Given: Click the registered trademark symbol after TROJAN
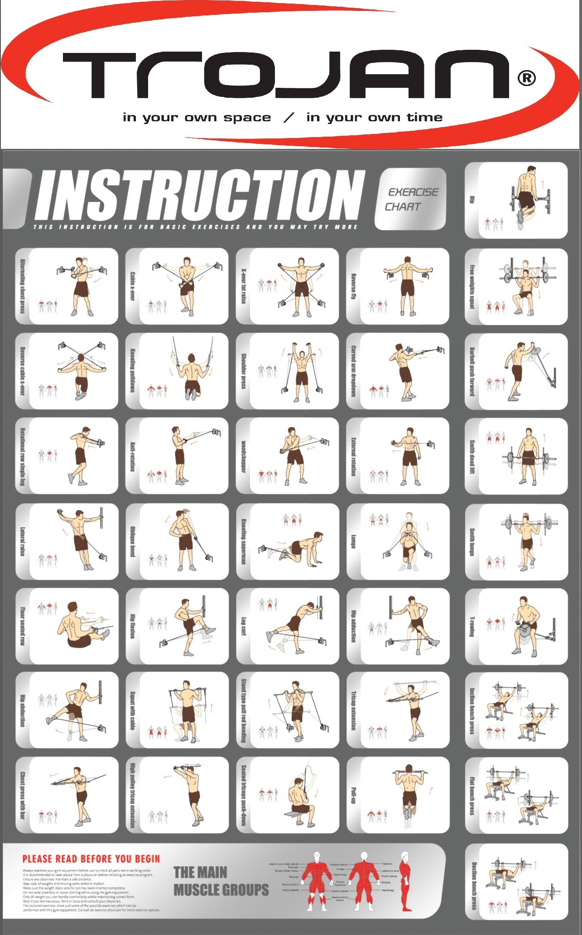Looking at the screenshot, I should click(x=526, y=78).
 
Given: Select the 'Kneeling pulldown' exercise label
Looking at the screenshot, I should click(x=133, y=371).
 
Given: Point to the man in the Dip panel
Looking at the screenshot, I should click(x=528, y=195).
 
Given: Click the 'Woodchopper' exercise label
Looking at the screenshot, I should click(x=243, y=456).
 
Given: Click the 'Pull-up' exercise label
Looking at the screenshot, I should click(x=354, y=796).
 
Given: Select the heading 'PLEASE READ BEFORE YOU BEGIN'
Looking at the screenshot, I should click(x=91, y=859).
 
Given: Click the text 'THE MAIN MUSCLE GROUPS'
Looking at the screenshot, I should click(x=221, y=881).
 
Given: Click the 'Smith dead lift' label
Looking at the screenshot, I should click(x=472, y=456).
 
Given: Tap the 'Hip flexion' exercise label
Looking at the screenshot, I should click(x=133, y=626).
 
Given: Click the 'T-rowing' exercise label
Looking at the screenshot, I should click(x=472, y=626).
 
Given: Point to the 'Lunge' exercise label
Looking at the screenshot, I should click(x=354, y=541).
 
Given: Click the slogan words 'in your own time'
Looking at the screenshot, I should click(x=374, y=118).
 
